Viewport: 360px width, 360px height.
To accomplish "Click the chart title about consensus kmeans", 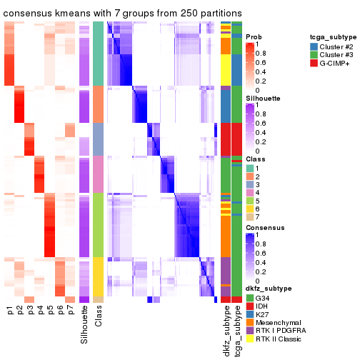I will point(123,14).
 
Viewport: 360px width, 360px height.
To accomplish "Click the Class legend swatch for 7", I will point(250,216).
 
